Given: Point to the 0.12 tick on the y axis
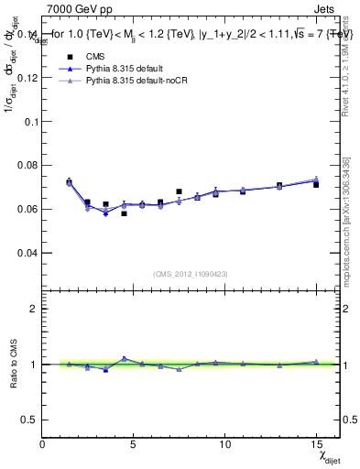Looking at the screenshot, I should (27, 78).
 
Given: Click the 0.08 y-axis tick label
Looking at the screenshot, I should (27, 165).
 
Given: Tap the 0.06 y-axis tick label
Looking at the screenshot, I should (27, 209).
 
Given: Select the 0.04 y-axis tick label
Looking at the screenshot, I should (27, 252).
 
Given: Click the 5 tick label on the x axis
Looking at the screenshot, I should (134, 444).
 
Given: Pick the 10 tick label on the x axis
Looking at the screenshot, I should (224, 444).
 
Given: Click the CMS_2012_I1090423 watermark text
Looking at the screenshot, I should (191, 275).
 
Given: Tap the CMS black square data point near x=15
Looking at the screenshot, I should (315, 184).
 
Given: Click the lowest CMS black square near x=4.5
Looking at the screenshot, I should (124, 213).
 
